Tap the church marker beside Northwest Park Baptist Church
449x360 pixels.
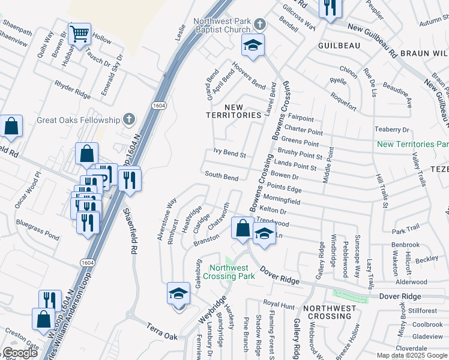click(x=259, y=25)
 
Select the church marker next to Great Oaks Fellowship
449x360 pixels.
click(x=128, y=119)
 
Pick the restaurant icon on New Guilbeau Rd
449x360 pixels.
click(x=330, y=8)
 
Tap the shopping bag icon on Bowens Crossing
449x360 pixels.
click(x=243, y=228)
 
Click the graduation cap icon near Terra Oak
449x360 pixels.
click(x=178, y=294)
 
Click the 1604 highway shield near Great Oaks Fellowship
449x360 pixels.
click(x=159, y=105)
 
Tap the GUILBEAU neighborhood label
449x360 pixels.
click(x=339, y=45)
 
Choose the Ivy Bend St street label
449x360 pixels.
click(x=230, y=154)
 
